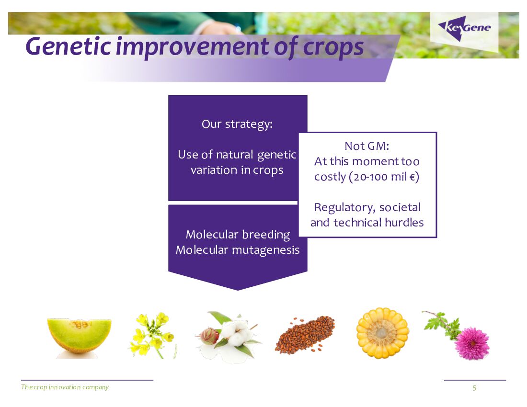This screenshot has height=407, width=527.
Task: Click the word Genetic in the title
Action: (x=68, y=46)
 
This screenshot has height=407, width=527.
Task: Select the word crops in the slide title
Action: (x=333, y=47)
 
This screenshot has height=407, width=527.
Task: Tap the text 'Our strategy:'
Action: (x=237, y=124)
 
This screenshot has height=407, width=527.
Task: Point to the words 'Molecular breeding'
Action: (x=238, y=235)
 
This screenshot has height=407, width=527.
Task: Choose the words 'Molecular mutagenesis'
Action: (x=238, y=250)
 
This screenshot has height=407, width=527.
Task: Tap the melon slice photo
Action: (x=79, y=338)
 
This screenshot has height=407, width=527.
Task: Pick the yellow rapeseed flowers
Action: (x=152, y=335)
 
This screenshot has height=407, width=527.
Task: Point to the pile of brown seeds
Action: (x=305, y=335)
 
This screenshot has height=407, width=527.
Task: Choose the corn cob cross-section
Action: (x=382, y=333)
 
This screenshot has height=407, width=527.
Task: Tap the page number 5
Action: (x=475, y=388)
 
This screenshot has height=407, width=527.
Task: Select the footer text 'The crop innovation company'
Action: (x=65, y=387)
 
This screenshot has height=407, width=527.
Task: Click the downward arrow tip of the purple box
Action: (x=238, y=290)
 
